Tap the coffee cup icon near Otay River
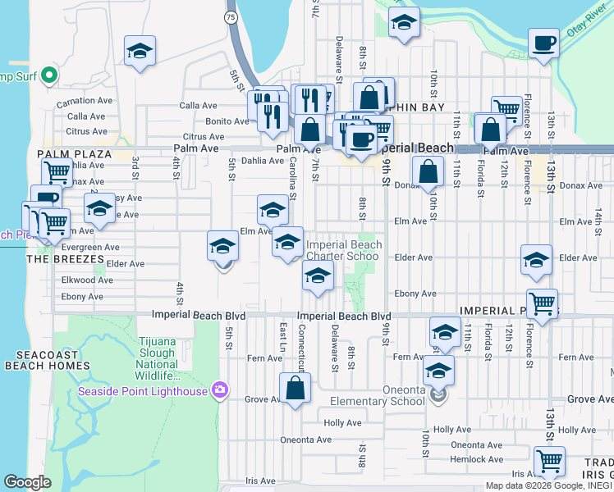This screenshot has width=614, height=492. (543, 43)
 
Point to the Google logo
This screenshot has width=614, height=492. (27, 482)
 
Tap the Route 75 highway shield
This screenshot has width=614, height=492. (231, 16)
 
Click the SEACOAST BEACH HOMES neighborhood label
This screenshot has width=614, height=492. (47, 359)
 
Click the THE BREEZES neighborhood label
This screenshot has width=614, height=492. (66, 259)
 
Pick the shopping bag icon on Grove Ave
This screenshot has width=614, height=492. (295, 388)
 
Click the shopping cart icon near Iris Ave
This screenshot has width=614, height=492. (548, 461)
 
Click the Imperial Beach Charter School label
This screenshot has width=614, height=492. (343, 250)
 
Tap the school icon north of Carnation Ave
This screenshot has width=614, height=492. (140, 50)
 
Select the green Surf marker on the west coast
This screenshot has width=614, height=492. (48, 76)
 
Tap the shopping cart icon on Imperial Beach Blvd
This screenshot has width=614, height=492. (542, 303)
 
